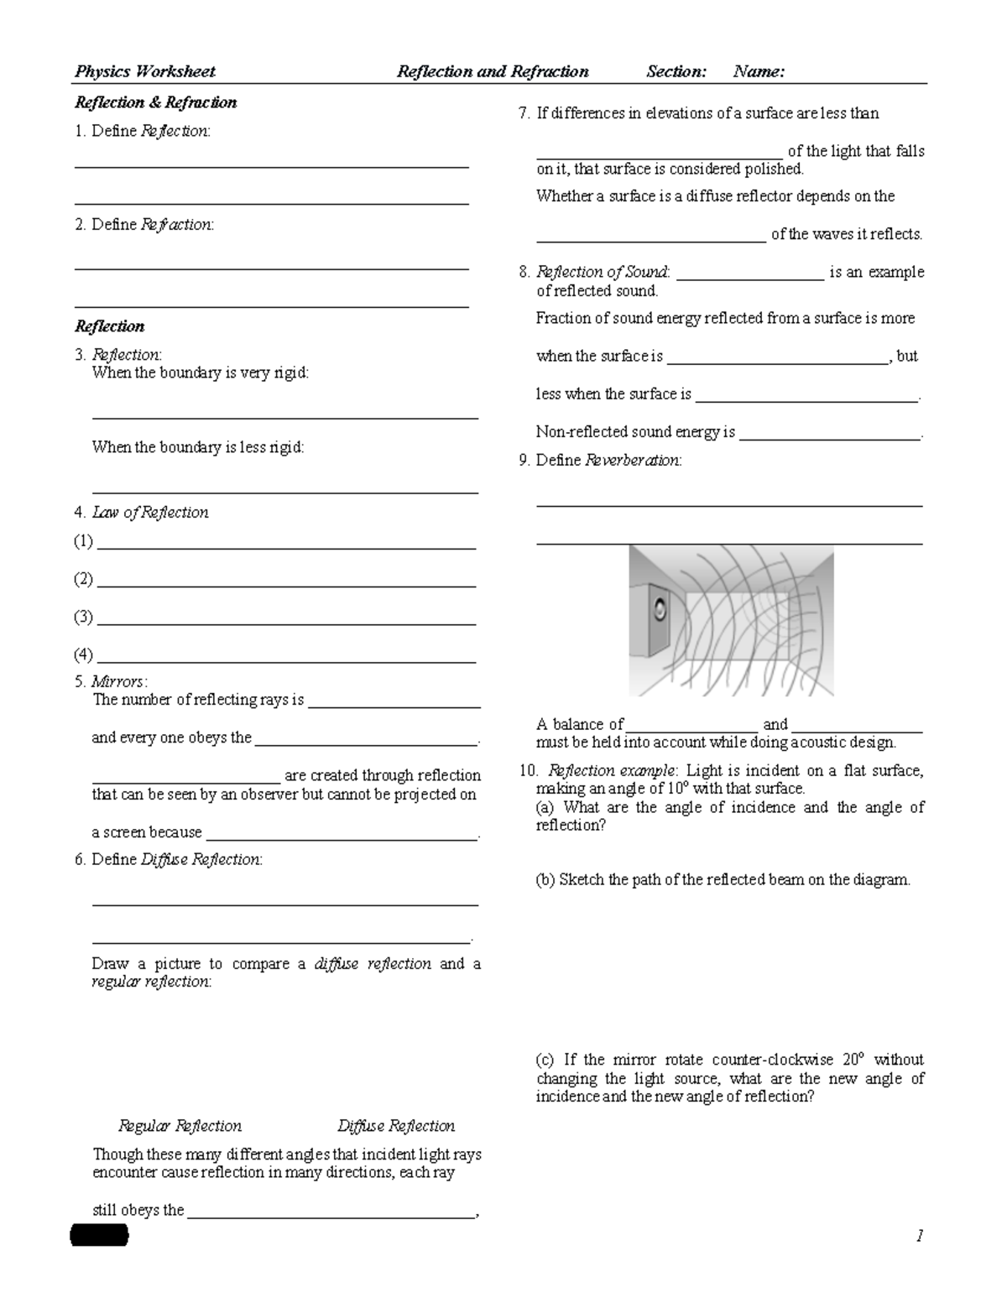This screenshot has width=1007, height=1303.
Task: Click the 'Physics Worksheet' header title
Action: tap(145, 71)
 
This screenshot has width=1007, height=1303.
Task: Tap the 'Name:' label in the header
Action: tap(759, 71)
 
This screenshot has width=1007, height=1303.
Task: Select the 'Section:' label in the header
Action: tap(676, 71)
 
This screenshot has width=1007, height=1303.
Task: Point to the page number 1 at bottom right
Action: tap(920, 1235)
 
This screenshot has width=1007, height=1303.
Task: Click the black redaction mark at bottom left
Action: tap(100, 1235)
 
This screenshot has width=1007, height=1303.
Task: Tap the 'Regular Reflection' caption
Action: tap(180, 1126)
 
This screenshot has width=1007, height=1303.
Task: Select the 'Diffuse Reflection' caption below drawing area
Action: tap(396, 1126)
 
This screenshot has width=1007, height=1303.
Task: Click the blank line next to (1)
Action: tap(287, 547)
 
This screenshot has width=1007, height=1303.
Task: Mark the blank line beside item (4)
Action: tap(287, 660)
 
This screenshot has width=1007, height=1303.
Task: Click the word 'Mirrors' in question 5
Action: tap(118, 681)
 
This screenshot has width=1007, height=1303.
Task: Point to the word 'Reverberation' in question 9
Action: tap(632, 460)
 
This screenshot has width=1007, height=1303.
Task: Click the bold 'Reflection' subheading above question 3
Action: tap(110, 326)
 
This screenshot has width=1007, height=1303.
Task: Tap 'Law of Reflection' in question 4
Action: tap(150, 513)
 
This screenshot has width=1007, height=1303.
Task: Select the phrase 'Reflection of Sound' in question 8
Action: tap(602, 272)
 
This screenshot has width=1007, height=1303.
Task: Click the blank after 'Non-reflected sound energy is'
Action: tap(830, 437)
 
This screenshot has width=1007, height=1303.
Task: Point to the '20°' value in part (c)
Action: tap(852, 1060)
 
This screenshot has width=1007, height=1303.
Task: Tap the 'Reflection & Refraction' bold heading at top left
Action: tap(156, 102)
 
